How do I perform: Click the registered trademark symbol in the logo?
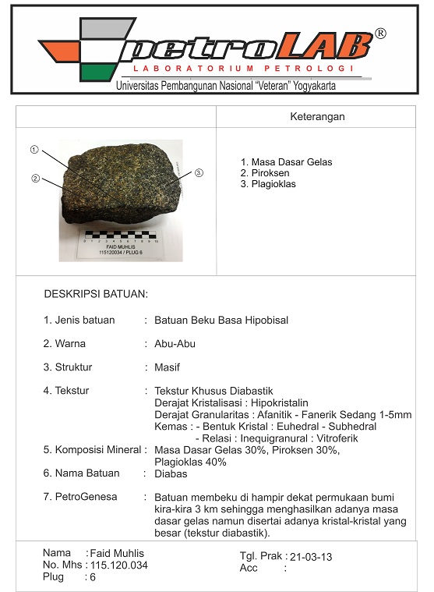click(x=380, y=34)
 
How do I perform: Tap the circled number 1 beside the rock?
click(x=34, y=149)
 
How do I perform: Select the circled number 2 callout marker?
click(x=35, y=179)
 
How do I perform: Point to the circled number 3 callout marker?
click(x=199, y=172)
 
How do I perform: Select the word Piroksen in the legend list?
click(x=270, y=173)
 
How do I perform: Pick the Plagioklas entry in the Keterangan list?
click(x=273, y=184)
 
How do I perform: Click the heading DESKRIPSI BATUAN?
click(x=96, y=295)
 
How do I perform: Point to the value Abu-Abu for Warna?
click(x=175, y=343)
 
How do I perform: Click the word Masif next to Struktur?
click(x=168, y=367)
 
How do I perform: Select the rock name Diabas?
click(x=170, y=473)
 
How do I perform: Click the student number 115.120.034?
click(x=119, y=565)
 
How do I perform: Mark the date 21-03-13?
click(x=311, y=557)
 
